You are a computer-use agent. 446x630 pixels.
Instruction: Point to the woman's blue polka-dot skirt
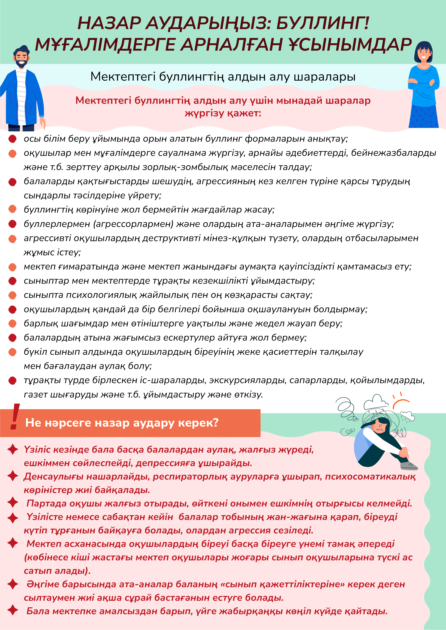(423, 116)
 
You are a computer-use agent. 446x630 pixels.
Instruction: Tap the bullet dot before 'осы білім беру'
(12, 139)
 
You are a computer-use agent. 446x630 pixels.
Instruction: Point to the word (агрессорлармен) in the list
(133, 224)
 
